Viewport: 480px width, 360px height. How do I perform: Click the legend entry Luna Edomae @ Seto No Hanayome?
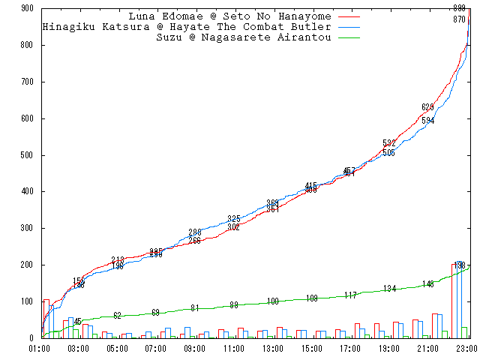[231, 16]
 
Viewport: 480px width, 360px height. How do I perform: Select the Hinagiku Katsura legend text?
[187, 27]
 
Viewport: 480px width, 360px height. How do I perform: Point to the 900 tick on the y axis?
[27, 8]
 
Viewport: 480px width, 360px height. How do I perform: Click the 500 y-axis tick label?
[27, 155]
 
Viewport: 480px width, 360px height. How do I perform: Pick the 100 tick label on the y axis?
[27, 301]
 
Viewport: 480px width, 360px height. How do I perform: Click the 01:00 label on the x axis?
[39, 349]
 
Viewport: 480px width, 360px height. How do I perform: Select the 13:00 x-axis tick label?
[272, 349]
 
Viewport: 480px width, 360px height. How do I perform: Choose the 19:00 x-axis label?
[388, 349]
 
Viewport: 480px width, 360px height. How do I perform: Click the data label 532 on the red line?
[388, 143]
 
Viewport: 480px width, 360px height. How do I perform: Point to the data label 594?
[427, 121]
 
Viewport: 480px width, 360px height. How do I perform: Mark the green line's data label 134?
[389, 289]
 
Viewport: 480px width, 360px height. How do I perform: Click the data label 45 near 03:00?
[77, 322]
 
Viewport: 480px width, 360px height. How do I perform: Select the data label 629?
[427, 107]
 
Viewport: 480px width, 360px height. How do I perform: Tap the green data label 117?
[350, 295]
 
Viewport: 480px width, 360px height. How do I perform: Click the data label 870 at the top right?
[459, 19]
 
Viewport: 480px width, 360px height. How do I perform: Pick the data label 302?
[233, 227]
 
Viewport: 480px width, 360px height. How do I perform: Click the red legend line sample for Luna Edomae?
[349, 16]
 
